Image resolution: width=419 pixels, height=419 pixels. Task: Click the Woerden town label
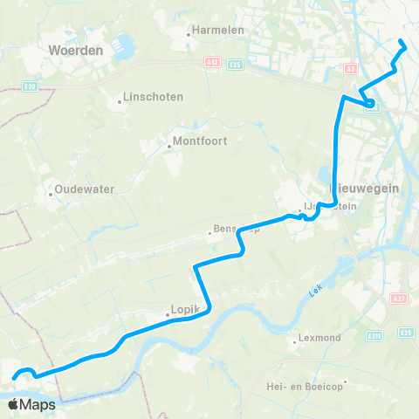[x=77, y=51]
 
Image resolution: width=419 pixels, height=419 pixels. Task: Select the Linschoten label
[x=154, y=97]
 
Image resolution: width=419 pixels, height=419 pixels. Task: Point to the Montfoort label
[x=200, y=140]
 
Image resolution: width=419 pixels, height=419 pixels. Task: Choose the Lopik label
[x=186, y=309]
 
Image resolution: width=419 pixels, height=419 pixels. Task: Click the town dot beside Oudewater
[x=51, y=194]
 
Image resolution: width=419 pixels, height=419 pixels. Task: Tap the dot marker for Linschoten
[x=120, y=102]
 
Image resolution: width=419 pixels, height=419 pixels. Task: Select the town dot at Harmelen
[x=189, y=36]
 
